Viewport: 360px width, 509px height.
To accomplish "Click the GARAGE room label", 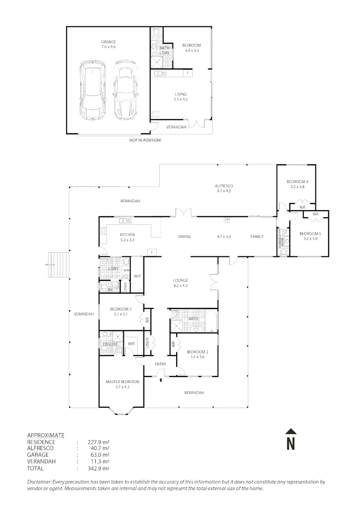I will point(108,42).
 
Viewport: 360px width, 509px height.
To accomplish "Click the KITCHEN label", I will point(127,235).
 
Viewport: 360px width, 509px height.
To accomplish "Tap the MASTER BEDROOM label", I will point(122,382).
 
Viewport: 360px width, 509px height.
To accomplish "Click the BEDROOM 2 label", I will point(197,352).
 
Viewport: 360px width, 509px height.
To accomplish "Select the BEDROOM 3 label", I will point(121,309).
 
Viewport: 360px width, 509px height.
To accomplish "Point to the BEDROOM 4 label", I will point(297,182).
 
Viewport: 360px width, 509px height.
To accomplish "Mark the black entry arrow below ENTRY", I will point(161,378).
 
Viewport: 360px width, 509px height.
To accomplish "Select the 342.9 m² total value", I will point(98,468).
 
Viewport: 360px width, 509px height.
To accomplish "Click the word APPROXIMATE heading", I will point(46,435).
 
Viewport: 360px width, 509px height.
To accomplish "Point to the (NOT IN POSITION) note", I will point(145,140).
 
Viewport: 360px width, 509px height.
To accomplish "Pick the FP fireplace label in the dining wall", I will point(227,220).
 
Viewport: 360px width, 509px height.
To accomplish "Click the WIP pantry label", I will point(138,276).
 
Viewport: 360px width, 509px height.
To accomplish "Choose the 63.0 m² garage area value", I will point(98,455).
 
